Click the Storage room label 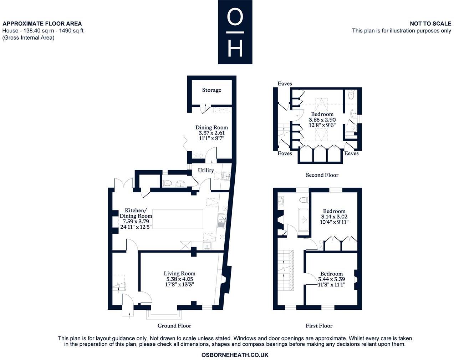point(211,90)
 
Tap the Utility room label point(206,171)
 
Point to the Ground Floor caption point(174,326)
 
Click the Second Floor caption point(322,175)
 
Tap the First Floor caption point(319,326)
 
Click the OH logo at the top point(235,32)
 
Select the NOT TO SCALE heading point(430,24)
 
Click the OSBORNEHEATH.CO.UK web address point(235,355)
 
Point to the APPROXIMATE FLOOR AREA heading point(42,24)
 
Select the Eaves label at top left point(285,83)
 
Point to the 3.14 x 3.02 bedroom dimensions point(334,217)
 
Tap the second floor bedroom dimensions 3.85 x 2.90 point(322,120)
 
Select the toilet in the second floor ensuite point(351,95)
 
